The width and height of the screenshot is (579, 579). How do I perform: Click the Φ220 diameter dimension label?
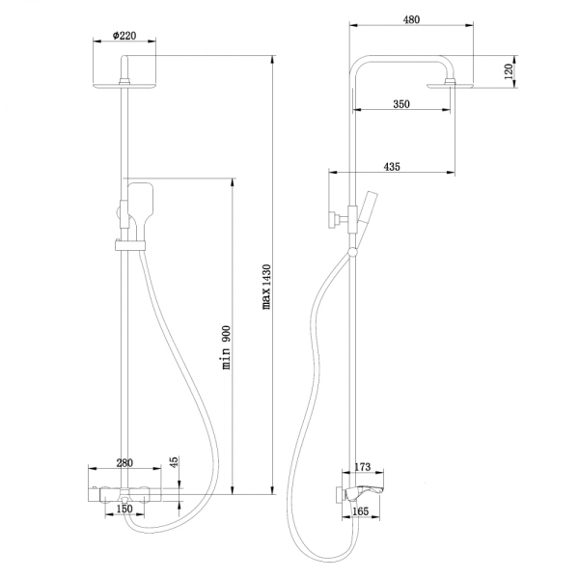124,35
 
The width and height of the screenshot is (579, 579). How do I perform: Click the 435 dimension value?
392,167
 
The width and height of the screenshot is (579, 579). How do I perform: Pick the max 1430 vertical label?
267,286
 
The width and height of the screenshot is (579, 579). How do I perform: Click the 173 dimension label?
363,467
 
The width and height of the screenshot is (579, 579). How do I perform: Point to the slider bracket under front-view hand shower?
129,243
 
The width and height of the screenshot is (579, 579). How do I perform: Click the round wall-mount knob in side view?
331,219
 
